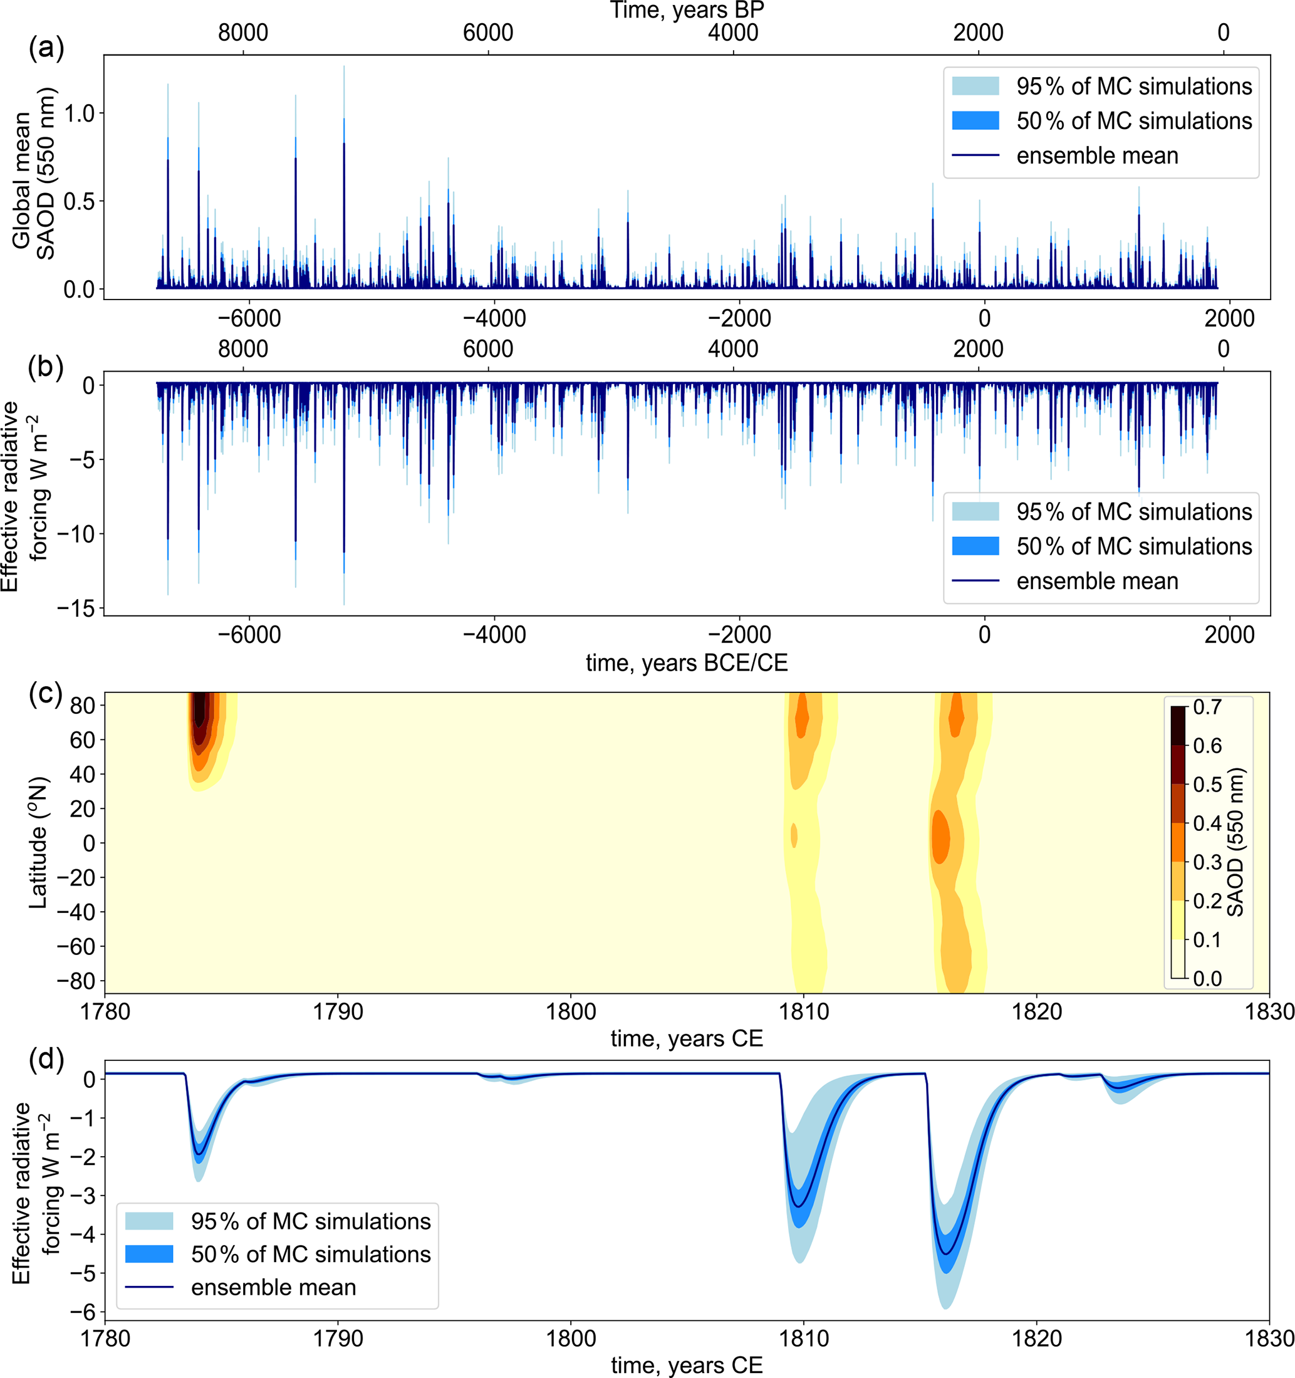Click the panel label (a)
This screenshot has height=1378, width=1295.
click(46, 48)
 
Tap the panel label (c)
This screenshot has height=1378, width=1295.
click(46, 693)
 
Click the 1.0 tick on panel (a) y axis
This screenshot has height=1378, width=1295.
click(79, 113)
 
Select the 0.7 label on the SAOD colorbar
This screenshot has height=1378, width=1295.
click(1207, 707)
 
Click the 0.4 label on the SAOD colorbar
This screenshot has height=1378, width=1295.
click(1207, 823)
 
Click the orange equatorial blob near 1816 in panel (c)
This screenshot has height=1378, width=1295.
click(940, 837)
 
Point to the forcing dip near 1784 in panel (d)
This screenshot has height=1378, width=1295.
click(200, 1154)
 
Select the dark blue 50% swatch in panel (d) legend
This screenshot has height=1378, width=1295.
click(149, 1253)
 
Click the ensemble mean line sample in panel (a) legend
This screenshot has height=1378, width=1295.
click(975, 155)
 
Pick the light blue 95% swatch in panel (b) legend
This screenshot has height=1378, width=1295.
click(975, 511)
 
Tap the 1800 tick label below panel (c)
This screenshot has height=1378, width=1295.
click(571, 1013)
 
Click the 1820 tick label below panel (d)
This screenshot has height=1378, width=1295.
click(1036, 1339)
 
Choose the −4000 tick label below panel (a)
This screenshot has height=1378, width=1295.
click(494, 319)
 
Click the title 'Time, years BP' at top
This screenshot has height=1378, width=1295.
click(686, 11)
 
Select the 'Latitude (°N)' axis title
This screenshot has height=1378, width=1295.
click(38, 842)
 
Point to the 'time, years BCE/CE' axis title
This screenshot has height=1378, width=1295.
click(686, 664)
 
